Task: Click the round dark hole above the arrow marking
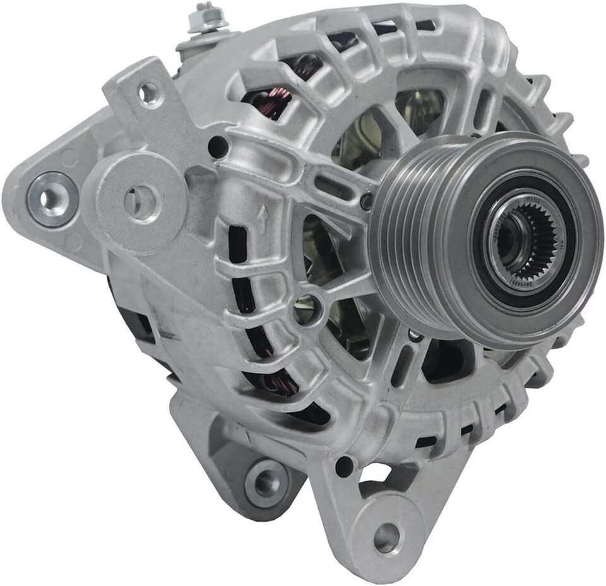[x=218, y=147]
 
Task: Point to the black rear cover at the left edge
[x=136, y=322]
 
